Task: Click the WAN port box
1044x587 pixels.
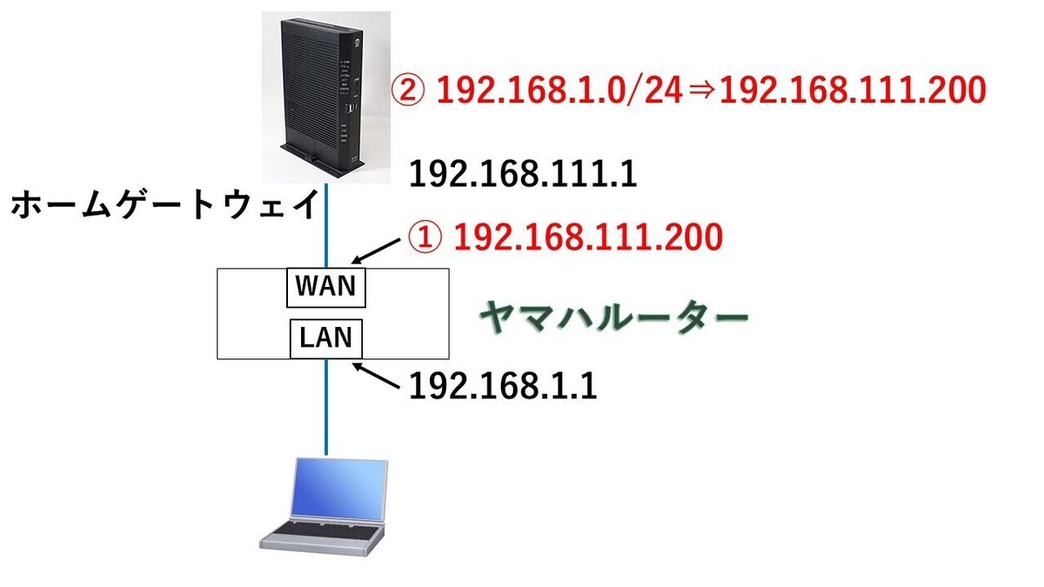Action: pos(325,288)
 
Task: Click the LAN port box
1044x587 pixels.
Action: pos(325,338)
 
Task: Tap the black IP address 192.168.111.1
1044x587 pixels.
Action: pos(523,175)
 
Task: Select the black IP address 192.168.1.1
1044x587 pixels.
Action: pos(503,386)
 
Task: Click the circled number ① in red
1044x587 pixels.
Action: pos(425,237)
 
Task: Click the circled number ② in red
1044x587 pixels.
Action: pos(407,90)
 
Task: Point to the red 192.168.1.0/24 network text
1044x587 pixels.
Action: pos(559,90)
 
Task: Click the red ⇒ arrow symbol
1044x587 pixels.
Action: pos(701,90)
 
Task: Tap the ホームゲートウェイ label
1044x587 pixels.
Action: pos(165,205)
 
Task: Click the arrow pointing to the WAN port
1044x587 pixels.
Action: pos(376,251)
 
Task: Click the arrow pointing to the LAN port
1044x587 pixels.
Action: pos(376,376)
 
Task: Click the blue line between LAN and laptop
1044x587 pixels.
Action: pos(326,407)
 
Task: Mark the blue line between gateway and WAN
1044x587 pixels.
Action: pos(326,225)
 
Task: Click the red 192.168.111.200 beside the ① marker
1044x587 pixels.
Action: pos(588,237)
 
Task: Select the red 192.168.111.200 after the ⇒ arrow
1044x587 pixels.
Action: pos(853,90)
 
